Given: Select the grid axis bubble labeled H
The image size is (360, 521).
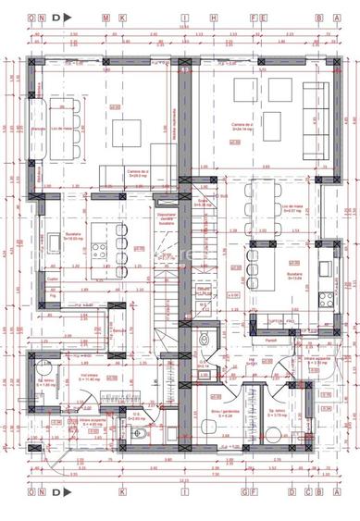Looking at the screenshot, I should point(214,18).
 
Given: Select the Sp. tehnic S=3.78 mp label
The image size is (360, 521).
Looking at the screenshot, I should point(276,413).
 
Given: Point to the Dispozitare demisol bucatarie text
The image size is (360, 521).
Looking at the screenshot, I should point(168,217).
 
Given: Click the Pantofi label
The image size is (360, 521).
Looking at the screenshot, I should point(271,340).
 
